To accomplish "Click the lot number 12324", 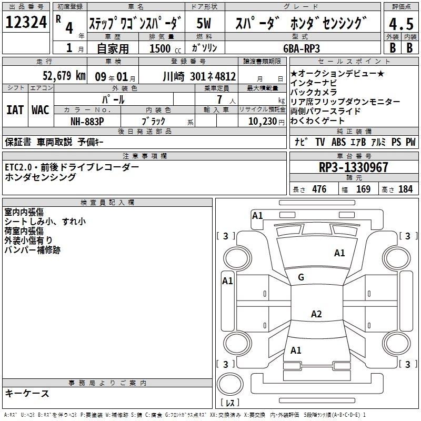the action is (26, 22).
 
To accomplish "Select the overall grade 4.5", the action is (402, 24).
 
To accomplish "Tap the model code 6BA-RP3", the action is (302, 48).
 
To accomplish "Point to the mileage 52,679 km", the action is (64, 76).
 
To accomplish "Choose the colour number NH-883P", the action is (87, 122).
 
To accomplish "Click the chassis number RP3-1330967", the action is (353, 167).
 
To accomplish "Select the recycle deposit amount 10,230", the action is (263, 122).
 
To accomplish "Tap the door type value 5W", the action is (204, 23).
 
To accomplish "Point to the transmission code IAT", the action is (15, 110).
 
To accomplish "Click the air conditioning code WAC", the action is (41, 110).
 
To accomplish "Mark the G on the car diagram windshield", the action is (301, 277).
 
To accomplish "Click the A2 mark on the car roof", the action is (316, 314).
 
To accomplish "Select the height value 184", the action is (405, 189).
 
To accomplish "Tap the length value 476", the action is (319, 189).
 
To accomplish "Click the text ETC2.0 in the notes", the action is (18, 167).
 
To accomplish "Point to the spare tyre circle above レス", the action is (230, 384).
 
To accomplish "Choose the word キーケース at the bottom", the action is (27, 394).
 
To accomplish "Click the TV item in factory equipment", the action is (320, 142).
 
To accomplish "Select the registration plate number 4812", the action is (225, 76).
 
